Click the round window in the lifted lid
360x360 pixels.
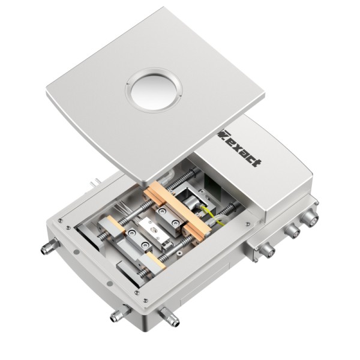click(154, 90)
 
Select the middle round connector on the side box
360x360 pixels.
click(293, 231)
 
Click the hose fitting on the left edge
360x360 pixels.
click(50, 246)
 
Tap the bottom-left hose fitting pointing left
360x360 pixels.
click(120, 313)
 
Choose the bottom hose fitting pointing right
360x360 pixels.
click(170, 316)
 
